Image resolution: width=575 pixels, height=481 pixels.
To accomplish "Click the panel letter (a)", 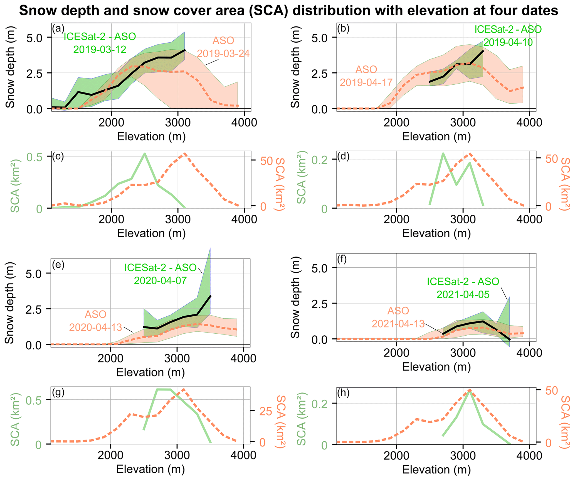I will (x=58, y=28).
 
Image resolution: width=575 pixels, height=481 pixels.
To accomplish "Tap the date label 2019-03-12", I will (x=100, y=50).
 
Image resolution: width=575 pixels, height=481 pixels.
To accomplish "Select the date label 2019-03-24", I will (x=223, y=53).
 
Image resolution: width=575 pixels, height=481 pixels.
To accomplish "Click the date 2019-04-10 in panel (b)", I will (x=508, y=42).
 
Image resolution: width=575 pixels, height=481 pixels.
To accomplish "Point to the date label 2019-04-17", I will (x=366, y=82).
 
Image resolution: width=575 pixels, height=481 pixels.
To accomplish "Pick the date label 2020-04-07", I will (x=160, y=280).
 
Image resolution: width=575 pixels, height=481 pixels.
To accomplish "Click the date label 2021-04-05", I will (x=463, y=295).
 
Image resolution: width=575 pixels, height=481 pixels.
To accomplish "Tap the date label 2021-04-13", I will (x=398, y=324).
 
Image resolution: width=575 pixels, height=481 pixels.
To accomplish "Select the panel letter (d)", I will (x=343, y=157).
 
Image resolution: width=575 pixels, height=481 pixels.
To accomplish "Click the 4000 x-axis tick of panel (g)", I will (x=243, y=455).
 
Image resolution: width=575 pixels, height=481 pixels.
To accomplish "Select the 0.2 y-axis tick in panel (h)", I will (x=320, y=404).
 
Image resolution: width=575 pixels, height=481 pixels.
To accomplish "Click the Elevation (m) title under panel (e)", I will (x=150, y=372).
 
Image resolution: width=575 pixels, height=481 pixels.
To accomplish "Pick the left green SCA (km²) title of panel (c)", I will (x=15, y=186).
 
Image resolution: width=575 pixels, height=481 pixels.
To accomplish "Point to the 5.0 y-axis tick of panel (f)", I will (x=320, y=268).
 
